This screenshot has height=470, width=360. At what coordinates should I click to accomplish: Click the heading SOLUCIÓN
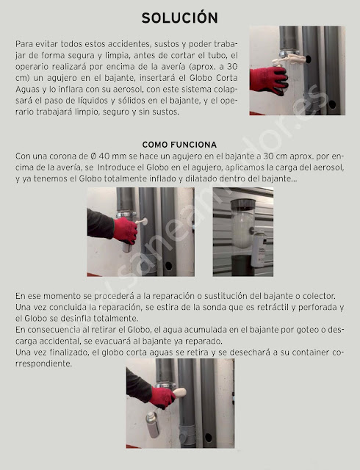[x=180, y=18]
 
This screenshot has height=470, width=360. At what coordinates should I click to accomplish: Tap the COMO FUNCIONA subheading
[x=179, y=145]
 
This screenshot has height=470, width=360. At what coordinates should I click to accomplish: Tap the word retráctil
[x=273, y=307]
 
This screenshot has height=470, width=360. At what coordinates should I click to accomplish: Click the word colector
[x=319, y=296]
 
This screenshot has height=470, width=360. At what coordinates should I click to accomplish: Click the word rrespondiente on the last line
[x=44, y=364]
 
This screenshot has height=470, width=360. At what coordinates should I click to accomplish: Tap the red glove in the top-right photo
[x=269, y=81]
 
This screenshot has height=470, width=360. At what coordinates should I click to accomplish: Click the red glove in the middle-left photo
[x=125, y=230]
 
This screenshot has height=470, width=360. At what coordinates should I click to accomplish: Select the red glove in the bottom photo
[x=162, y=397]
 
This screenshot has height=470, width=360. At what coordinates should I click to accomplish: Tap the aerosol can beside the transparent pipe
[x=259, y=249]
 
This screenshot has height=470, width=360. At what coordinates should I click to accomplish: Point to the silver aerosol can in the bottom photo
[x=152, y=424]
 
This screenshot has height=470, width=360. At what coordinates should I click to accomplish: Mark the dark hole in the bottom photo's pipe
[x=208, y=438]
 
